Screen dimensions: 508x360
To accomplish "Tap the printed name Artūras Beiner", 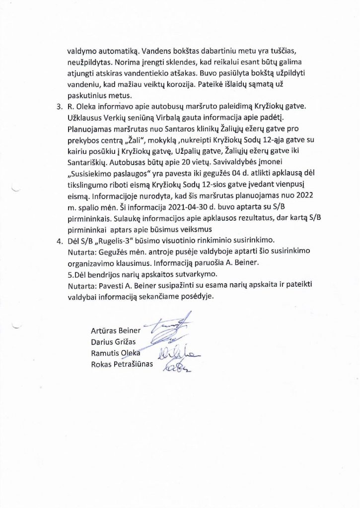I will click(x=116, y=331).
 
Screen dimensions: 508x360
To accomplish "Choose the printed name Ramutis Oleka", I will click(x=116, y=353).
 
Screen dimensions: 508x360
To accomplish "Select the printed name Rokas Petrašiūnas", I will click(x=122, y=365).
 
